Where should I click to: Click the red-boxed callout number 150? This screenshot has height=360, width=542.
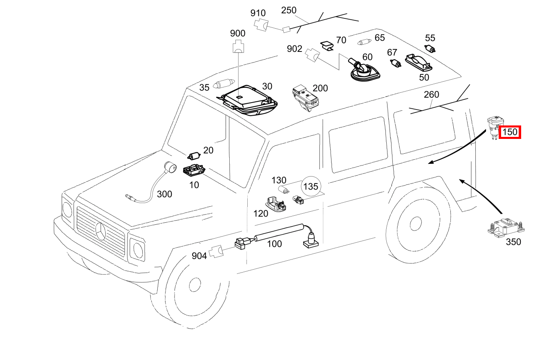coord(510,132)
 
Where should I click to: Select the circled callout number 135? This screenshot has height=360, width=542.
coord(311,187)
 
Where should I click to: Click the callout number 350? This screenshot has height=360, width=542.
coord(513,241)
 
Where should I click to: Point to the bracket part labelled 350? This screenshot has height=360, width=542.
coord(505,227)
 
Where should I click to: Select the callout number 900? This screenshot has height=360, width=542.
coord(237,34)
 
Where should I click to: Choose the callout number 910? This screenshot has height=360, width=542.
coord(258,13)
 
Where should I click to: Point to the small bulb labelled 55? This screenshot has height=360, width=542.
coord(431,49)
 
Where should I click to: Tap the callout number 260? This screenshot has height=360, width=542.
coord(431,95)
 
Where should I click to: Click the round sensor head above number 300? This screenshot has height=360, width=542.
coord(170,167)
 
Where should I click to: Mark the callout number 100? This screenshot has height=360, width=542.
coord(274,244)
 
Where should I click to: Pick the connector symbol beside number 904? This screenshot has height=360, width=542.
coord(216,251)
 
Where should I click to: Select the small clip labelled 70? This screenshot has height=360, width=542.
coord(327,45)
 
